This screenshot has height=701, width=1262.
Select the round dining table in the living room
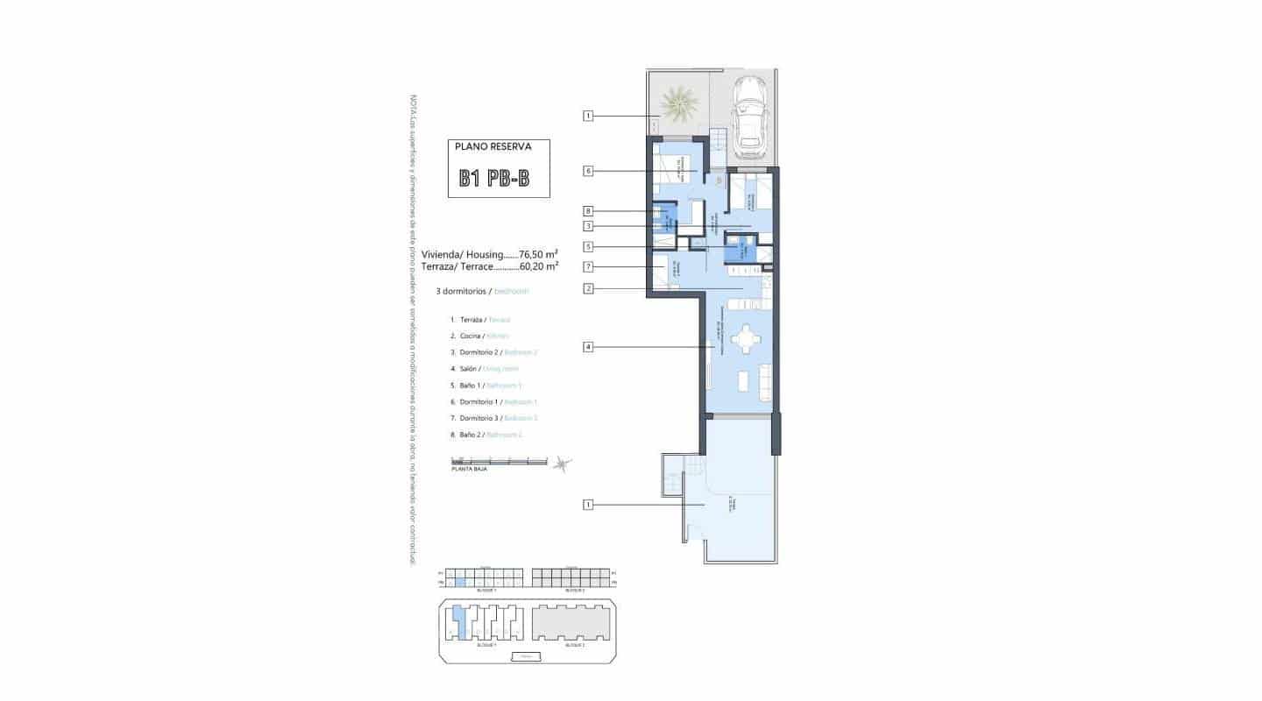click(745, 337)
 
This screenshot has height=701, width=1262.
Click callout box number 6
click(589, 171)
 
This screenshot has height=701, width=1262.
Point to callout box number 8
click(589, 210)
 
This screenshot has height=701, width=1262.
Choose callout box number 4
click(589, 347)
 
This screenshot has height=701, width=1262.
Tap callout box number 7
click(589, 266)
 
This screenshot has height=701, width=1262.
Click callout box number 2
click(589, 288)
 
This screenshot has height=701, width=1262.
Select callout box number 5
click(589, 247)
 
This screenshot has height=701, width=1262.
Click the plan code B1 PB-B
click(494, 179)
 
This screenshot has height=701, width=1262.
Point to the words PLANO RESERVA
click(493, 147)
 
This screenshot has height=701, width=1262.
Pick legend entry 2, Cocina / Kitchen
click(479, 336)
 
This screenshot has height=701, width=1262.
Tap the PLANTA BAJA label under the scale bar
click(469, 469)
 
